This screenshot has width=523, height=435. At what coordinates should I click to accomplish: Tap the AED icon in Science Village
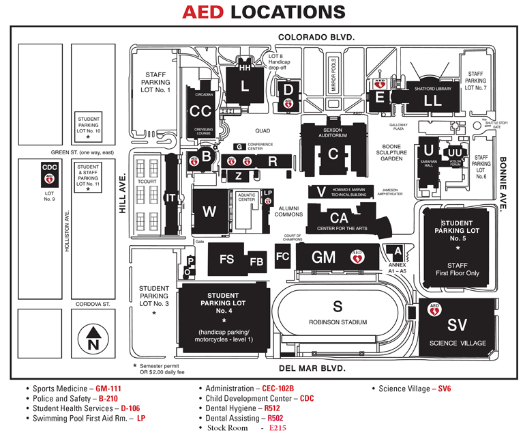432,309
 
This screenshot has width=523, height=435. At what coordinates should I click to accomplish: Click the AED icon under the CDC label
49,179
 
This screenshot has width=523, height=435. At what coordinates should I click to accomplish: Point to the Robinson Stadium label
338,322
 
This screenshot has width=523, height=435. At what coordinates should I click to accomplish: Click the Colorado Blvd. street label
316,38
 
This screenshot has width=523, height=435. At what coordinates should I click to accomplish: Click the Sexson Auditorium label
333,132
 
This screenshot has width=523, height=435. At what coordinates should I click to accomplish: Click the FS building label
226,259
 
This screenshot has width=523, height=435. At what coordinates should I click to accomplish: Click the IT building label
171,197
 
